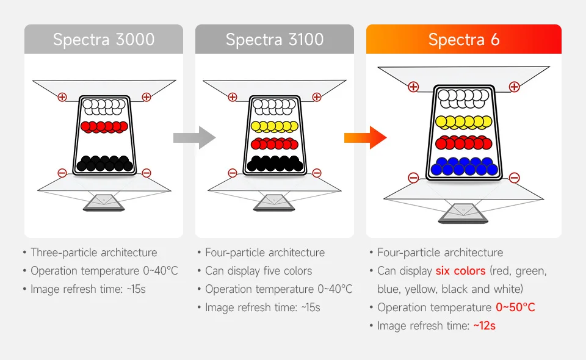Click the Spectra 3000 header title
(x=104, y=40)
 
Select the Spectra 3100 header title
(x=275, y=40)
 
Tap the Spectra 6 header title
(x=464, y=40)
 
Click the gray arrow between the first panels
(x=195, y=137)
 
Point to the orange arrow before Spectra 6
(x=366, y=137)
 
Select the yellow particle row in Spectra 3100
(x=275, y=127)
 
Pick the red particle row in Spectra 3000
(x=104, y=127)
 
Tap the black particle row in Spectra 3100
(x=275, y=163)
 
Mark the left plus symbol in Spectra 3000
(x=62, y=97)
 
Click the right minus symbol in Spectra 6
(x=514, y=178)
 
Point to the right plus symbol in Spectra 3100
(x=316, y=97)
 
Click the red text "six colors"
(x=460, y=270)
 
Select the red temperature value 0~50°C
(x=515, y=307)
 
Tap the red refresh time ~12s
(x=484, y=325)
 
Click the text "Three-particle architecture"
(x=93, y=253)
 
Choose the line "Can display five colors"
(x=258, y=271)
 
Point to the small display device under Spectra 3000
(x=104, y=201)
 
